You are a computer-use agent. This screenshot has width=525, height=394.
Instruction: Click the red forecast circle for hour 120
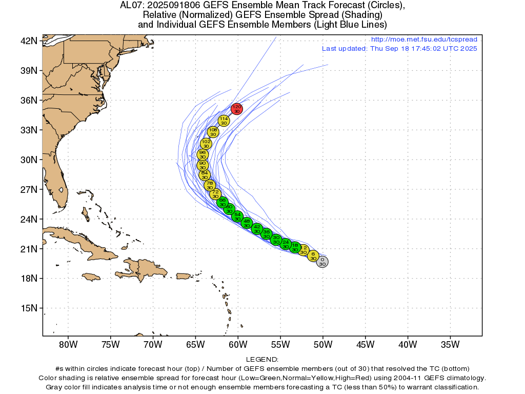tap(236, 109)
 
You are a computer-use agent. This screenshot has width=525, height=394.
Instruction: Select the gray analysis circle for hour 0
tap(322, 262)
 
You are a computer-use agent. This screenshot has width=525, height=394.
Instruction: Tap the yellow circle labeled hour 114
tap(224, 121)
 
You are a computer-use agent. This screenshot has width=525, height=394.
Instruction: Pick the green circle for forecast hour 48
tap(247, 223)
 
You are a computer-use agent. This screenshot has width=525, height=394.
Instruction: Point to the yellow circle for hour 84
tap(205, 175)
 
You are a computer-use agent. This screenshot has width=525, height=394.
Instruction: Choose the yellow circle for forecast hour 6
tap(313, 256)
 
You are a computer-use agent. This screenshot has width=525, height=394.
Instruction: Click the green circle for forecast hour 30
tap(276, 240)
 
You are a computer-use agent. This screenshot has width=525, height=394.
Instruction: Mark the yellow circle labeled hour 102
tap(206, 144)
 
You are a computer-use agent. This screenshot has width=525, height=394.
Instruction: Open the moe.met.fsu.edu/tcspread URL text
tap(424, 40)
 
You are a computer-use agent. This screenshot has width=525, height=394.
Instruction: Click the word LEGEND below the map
tap(262, 360)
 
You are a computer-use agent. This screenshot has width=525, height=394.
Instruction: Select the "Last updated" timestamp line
tap(399, 49)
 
